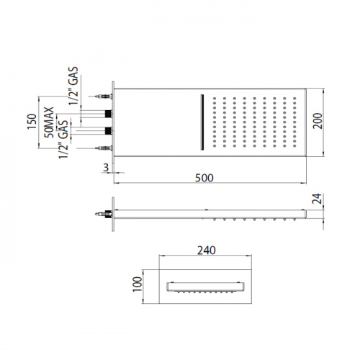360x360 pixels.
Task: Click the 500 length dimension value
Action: pyautogui.click(x=204, y=178)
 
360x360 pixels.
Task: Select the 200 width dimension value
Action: pyautogui.click(x=318, y=121)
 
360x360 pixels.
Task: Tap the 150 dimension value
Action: pyautogui.click(x=32, y=122)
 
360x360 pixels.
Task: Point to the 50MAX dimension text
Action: pyautogui.click(x=49, y=122)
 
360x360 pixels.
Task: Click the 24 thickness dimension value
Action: pyautogui.click(x=317, y=199)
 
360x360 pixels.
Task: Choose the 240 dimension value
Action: pyautogui.click(x=207, y=251)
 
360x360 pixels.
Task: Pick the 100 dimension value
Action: pyautogui.click(x=138, y=284)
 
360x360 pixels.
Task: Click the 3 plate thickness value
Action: pyautogui.click(x=106, y=168)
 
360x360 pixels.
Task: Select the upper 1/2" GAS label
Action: pyautogui.click(x=73, y=86)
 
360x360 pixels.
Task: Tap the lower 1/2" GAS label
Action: pyautogui.click(x=63, y=140)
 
